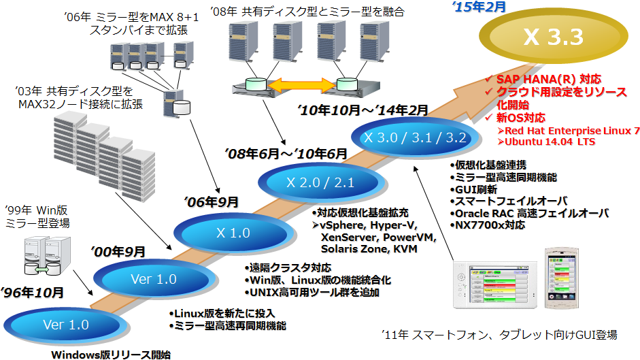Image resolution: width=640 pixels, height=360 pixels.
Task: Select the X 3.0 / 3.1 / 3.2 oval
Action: [x=415, y=137]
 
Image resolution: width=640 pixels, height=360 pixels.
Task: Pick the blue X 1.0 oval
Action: [x=233, y=232]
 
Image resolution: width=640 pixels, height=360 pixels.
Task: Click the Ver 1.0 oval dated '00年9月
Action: [x=153, y=279]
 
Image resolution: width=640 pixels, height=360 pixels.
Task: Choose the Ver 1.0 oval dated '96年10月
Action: [x=66, y=325]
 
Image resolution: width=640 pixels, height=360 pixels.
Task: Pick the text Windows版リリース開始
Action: [x=111, y=354]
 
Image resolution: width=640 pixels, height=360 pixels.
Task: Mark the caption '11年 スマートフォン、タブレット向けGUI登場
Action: [x=499, y=334]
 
